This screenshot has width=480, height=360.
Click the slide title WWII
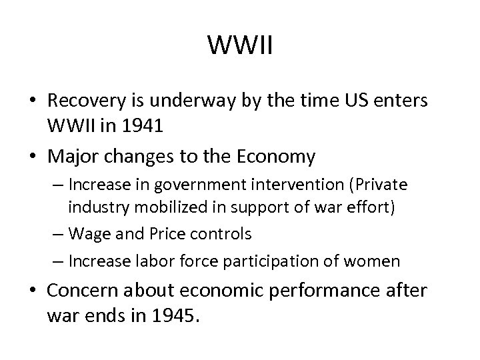tap(239, 45)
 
